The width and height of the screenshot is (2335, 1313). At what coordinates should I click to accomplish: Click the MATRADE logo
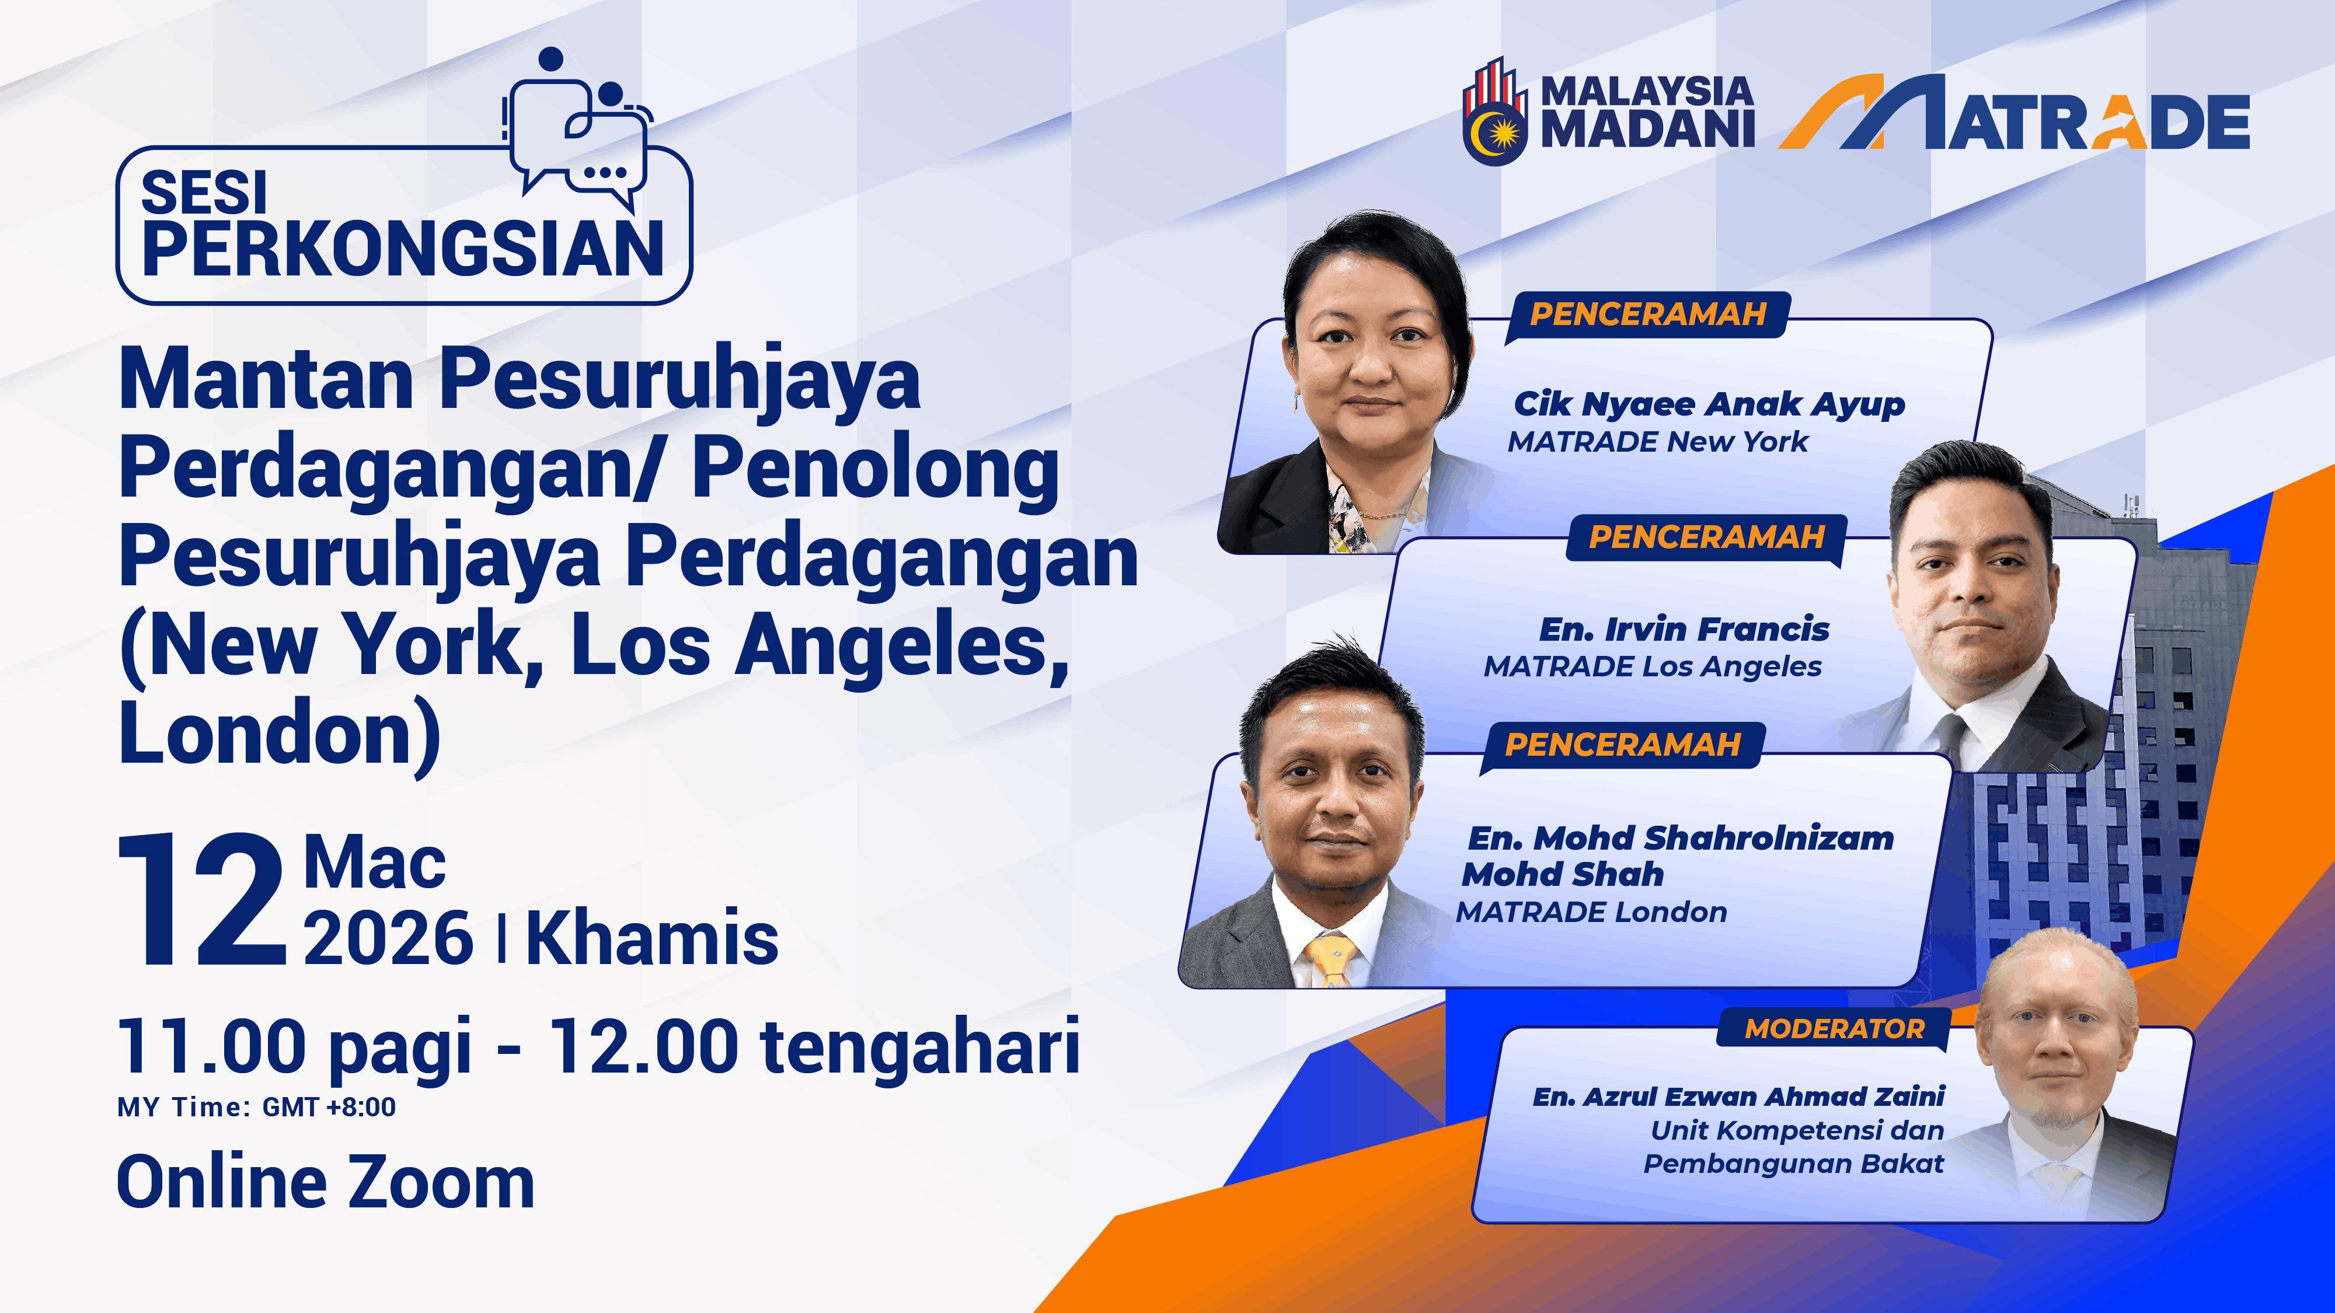pyautogui.click(x=2014, y=113)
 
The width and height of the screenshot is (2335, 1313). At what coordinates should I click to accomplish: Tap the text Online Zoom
pyautogui.click(x=325, y=1182)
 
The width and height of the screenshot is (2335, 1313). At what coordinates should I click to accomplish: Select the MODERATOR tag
pyautogui.click(x=1834, y=1028)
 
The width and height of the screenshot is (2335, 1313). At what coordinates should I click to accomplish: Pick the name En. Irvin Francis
pyautogui.click(x=1684, y=629)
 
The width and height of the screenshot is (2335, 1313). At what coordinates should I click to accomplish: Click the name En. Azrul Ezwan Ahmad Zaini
pyautogui.click(x=1738, y=1097)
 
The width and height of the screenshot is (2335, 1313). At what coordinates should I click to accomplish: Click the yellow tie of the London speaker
pyautogui.click(x=1331, y=961)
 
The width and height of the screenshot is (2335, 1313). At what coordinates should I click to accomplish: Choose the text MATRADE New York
pyautogui.click(x=1658, y=442)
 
